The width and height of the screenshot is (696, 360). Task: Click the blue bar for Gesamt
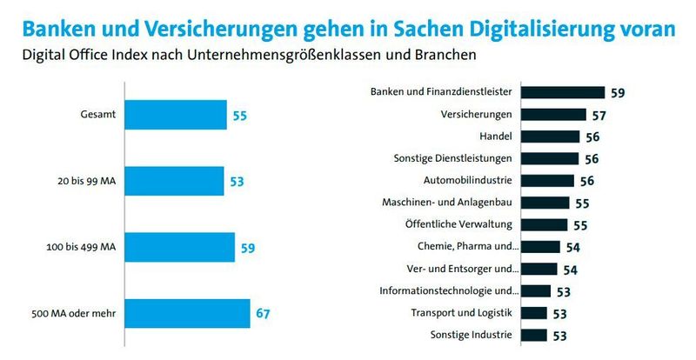click(x=177, y=115)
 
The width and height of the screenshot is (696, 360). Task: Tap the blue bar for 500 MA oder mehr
click(x=188, y=313)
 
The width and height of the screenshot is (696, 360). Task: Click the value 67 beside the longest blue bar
click(x=264, y=313)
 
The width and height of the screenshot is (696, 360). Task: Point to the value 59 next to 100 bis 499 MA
click(x=248, y=247)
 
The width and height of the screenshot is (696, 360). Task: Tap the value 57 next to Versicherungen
click(x=599, y=115)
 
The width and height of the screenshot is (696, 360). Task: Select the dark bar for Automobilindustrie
click(x=550, y=181)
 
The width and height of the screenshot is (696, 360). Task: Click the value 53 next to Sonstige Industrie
click(x=561, y=336)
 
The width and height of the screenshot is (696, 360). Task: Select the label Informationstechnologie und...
click(x=449, y=291)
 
